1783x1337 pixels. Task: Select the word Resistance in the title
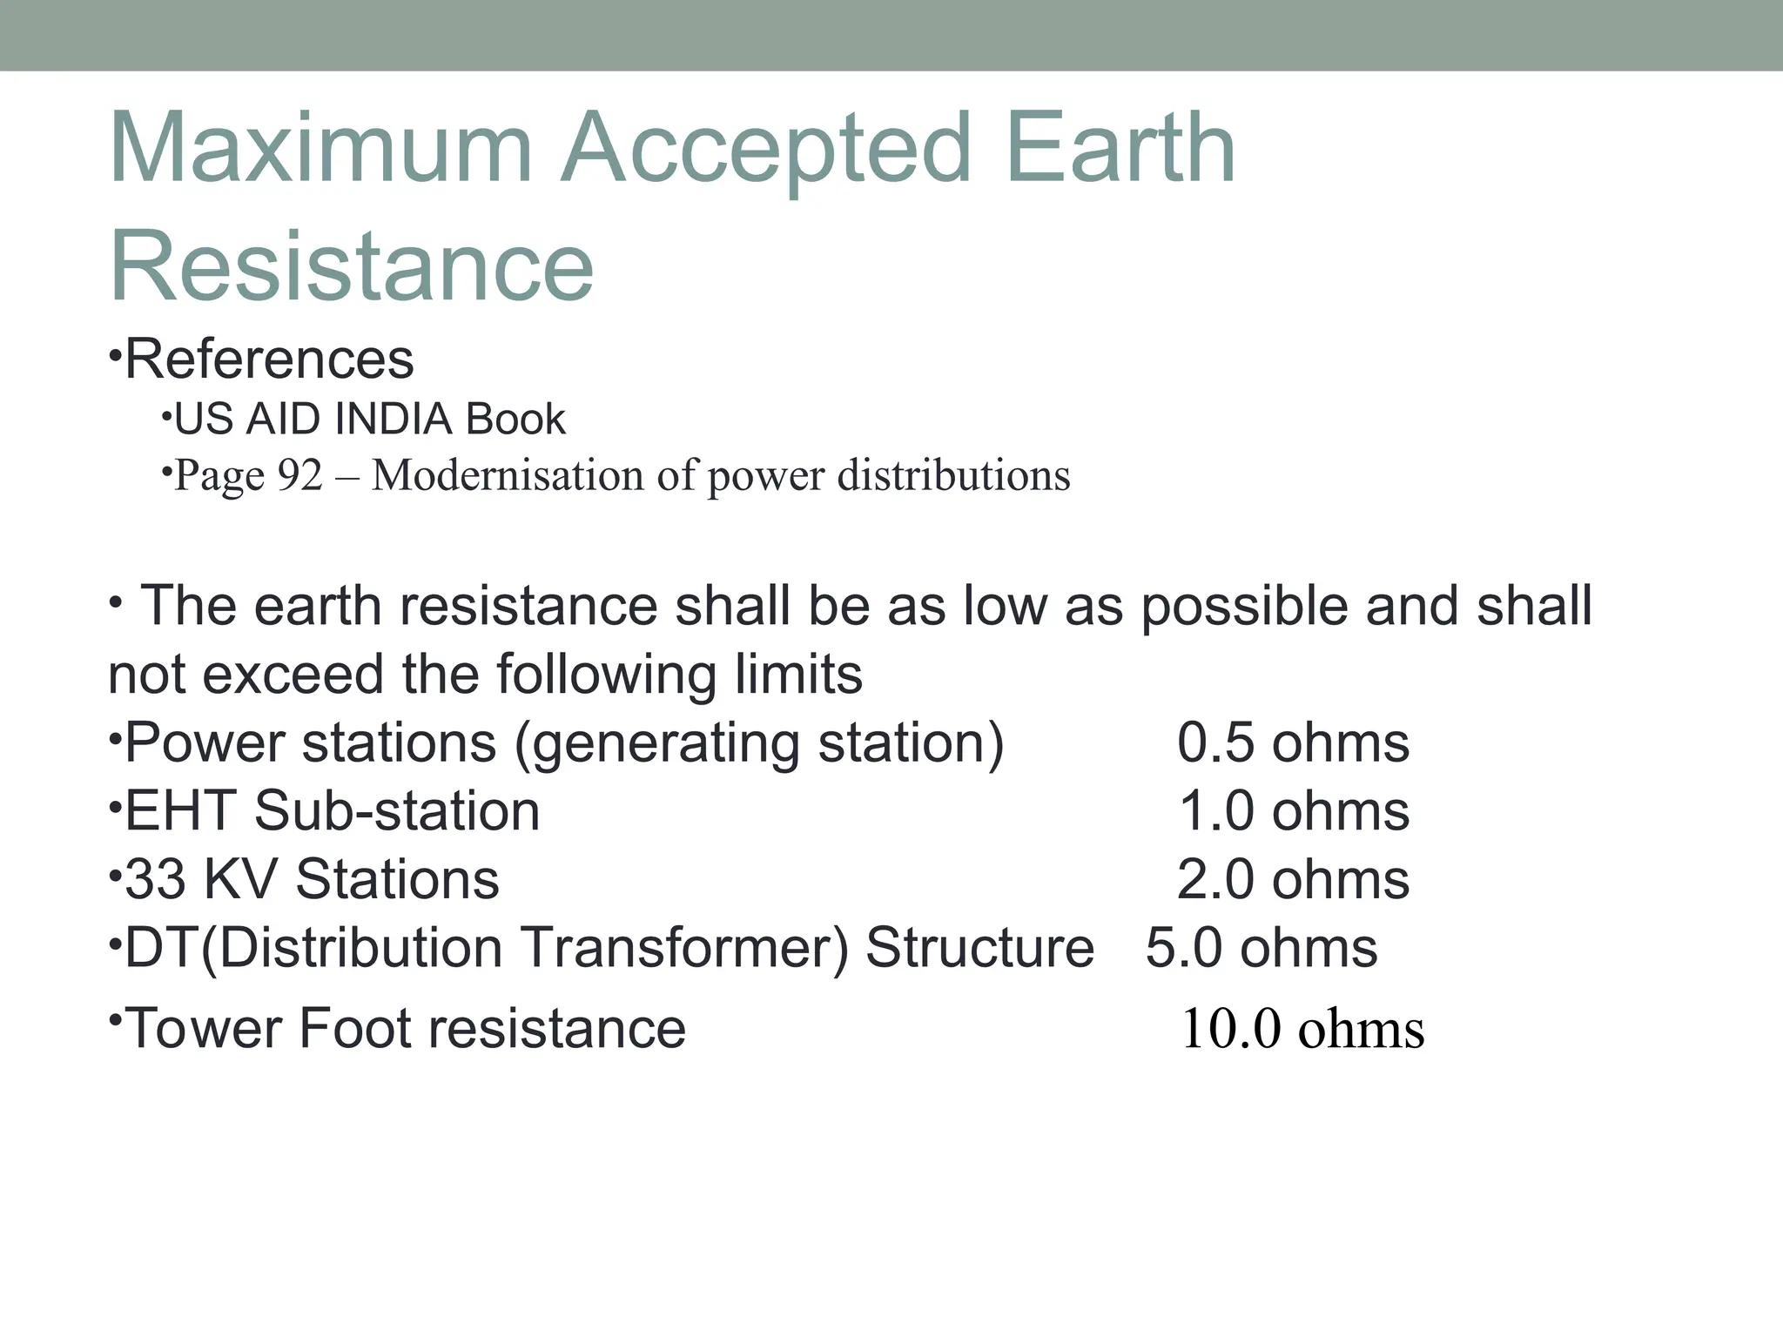(352, 265)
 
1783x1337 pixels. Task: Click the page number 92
(299, 475)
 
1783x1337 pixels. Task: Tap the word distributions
(953, 475)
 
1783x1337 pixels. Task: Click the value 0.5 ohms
(1293, 743)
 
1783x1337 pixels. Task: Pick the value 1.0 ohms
(1293, 811)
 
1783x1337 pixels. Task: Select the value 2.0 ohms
(1293, 879)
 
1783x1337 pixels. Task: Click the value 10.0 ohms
(1302, 1029)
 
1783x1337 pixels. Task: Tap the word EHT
(180, 811)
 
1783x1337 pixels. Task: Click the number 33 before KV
(155, 879)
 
